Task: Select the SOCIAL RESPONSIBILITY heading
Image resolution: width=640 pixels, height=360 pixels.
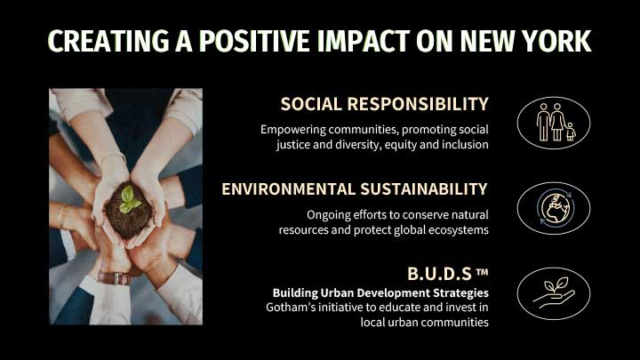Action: click(385, 104)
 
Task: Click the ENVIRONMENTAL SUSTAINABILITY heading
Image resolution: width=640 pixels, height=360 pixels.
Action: click(355, 189)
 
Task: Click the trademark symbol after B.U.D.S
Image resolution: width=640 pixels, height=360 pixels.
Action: click(482, 272)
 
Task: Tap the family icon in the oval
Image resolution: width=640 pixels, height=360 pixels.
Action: click(556, 122)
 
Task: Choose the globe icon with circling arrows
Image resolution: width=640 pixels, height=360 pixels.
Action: click(555, 208)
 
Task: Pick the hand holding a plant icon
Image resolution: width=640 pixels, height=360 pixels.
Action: click(554, 293)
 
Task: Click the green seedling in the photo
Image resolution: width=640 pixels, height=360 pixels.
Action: click(129, 200)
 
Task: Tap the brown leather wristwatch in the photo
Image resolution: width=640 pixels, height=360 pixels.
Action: click(115, 278)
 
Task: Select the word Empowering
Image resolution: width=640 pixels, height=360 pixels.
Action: click(293, 130)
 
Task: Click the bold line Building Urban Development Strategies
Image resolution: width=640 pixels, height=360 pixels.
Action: click(380, 292)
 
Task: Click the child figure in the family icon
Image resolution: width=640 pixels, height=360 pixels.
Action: click(571, 132)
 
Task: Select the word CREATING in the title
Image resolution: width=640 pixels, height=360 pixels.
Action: click(108, 41)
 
